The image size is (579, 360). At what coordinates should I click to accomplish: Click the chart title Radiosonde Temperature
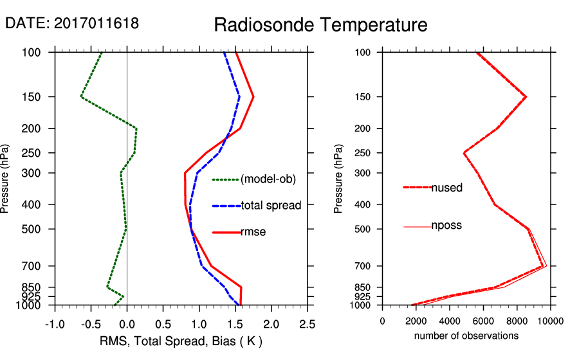tap(320, 25)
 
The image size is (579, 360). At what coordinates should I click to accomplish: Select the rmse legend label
tap(253, 232)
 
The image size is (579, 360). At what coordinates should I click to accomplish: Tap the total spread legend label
tap(271, 206)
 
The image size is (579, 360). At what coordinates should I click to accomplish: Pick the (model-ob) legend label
tap(268, 180)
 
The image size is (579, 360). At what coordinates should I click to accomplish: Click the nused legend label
tap(447, 188)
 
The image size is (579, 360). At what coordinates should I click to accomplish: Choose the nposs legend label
tap(446, 226)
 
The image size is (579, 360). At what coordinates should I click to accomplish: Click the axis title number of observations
tap(466, 336)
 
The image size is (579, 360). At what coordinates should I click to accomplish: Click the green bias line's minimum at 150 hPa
tap(82, 96)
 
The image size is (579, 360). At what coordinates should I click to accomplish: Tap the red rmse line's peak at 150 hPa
tap(253, 96)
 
